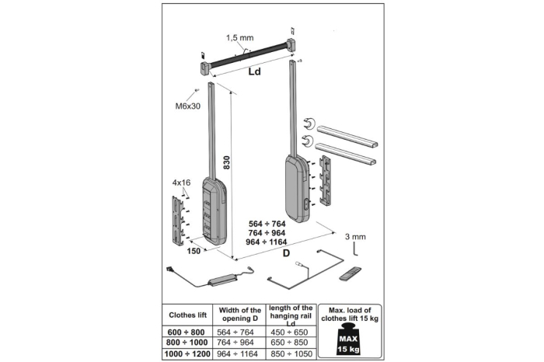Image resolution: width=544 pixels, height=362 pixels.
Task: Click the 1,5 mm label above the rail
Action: coord(239,37)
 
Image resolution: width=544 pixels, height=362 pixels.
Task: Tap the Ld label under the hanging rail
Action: coord(253,72)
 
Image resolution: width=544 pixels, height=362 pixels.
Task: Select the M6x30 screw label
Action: coord(188,106)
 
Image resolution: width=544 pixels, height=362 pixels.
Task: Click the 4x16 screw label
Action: coord(181,183)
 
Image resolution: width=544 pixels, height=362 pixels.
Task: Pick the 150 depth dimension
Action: coord(194,251)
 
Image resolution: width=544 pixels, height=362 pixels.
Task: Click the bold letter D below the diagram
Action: coord(286,254)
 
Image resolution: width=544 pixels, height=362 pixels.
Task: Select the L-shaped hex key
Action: coord(354,250)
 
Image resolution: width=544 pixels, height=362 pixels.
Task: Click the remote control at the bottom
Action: coord(350,273)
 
